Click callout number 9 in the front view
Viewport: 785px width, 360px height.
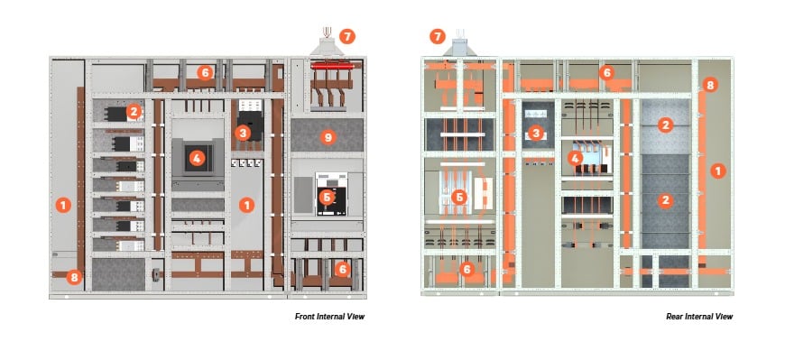328,137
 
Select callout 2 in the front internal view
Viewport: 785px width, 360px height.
134,111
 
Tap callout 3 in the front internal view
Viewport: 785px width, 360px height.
243,133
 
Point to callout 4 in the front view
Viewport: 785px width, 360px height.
195,158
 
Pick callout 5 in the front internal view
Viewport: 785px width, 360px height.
328,195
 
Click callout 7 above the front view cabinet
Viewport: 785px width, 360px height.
347,37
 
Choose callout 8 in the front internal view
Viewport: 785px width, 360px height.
75,277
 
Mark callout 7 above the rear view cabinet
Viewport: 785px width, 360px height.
439,37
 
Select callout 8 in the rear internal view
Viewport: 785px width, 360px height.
710,86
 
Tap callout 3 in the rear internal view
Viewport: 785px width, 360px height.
536,133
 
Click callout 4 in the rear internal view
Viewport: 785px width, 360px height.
574,159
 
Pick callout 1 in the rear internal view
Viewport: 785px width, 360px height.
716,169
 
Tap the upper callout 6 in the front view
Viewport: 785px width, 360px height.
206,72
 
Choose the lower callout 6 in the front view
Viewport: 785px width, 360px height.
341,268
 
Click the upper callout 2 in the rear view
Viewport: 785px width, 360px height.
665,124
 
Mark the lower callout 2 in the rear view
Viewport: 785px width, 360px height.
665,199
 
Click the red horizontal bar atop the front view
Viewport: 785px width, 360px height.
332,66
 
